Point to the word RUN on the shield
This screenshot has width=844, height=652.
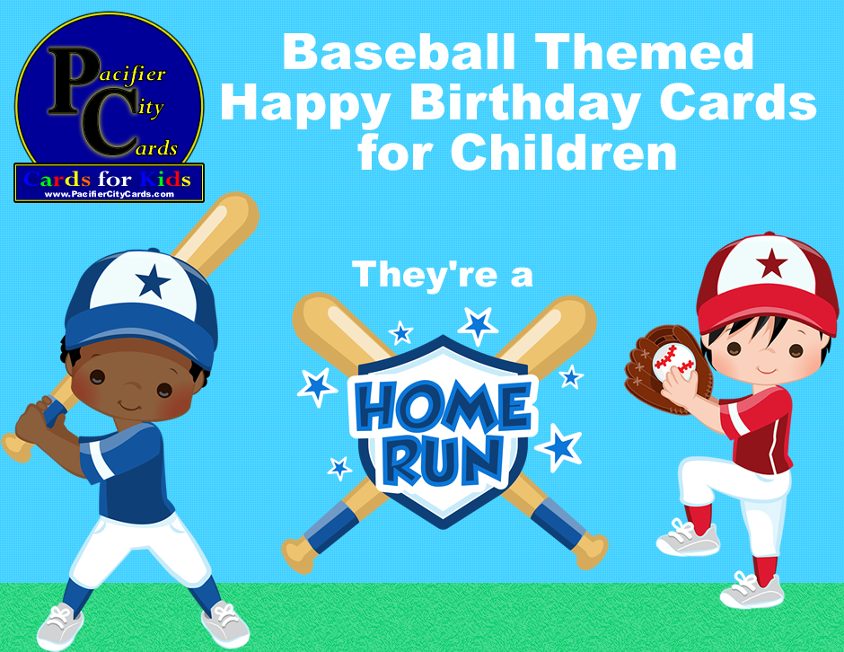point(443,459)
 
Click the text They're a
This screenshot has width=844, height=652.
point(443,274)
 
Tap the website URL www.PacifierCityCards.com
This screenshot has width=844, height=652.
point(109,194)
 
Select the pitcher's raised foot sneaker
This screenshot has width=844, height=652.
point(688,539)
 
